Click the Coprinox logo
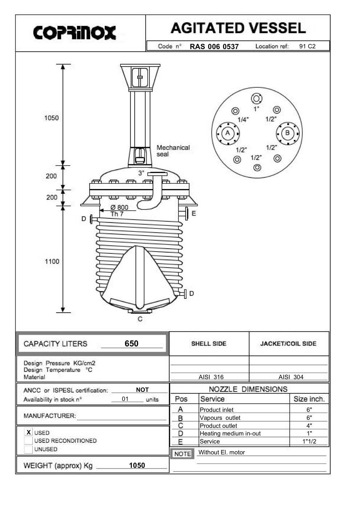pos(75,33)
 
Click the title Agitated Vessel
pos(238,28)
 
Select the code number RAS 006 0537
pos(214,47)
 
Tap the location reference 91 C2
pos(307,46)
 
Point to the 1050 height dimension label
pos(51,118)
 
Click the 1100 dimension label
pos(52,261)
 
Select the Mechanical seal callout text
pos(173,150)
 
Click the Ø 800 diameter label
pos(119,208)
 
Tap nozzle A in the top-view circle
pos(228,133)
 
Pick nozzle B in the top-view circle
pos(287,133)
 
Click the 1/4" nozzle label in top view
pos(243,120)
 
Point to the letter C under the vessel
pos(140,319)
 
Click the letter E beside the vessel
pos(194,213)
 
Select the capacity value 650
pos(132,344)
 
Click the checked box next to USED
pos(28,432)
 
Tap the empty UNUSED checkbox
pos(28,449)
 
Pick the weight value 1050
pos(137,465)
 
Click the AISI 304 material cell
pos(291,377)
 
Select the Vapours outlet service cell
pos(220,418)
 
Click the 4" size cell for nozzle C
pos(309,426)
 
